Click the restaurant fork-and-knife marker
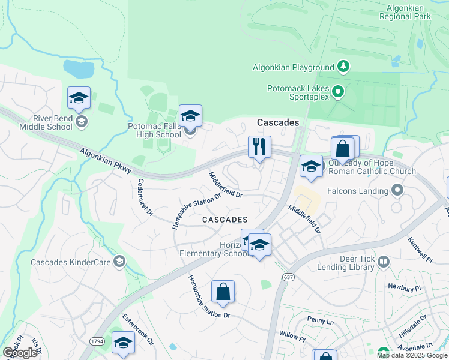pos(259,147)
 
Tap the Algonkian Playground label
pos(301,68)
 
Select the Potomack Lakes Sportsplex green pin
pos(337,92)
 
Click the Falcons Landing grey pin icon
pos(397,191)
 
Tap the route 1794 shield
pos(97,341)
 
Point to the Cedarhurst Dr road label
pos(146,197)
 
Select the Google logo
pos(20,353)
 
